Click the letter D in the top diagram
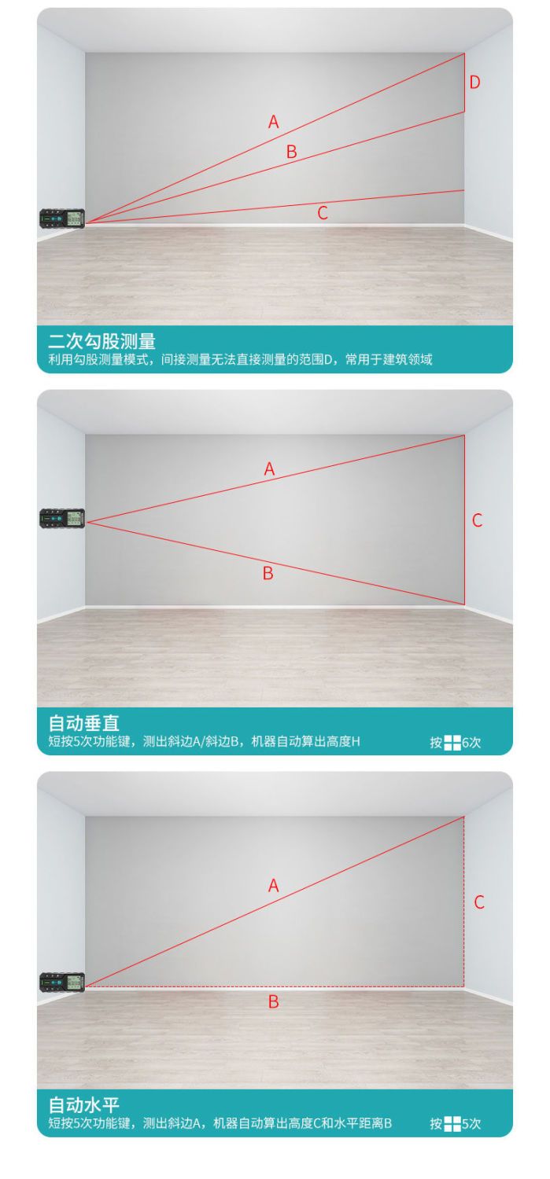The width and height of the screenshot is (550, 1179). tap(474, 82)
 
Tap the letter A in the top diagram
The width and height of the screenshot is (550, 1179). tap(273, 122)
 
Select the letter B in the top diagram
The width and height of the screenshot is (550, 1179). tap(291, 152)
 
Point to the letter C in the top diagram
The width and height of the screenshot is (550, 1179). tap(323, 213)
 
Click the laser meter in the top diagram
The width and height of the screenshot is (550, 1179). tap(62, 219)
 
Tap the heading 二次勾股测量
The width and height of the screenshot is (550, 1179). tap(102, 342)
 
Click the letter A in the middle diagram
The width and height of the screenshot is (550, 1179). tap(269, 468)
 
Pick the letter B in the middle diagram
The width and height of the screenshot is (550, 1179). tap(268, 573)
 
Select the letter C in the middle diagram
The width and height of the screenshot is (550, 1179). tap(478, 520)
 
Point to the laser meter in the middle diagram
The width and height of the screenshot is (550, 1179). tap(62, 518)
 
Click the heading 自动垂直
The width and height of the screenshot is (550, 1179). tap(83, 723)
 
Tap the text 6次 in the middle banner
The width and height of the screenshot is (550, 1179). tap(471, 742)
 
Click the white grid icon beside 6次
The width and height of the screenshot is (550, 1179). tap(452, 743)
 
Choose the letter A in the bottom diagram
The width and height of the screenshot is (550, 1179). tap(273, 885)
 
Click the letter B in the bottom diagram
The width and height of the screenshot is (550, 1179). tap(273, 1001)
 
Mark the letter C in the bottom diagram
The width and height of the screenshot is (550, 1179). tap(479, 902)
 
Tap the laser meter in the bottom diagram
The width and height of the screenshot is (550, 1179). tap(62, 982)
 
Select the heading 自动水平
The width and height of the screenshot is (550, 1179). tap(83, 1105)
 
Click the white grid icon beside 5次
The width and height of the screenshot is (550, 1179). tap(452, 1124)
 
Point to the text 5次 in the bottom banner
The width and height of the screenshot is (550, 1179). tap(471, 1124)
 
